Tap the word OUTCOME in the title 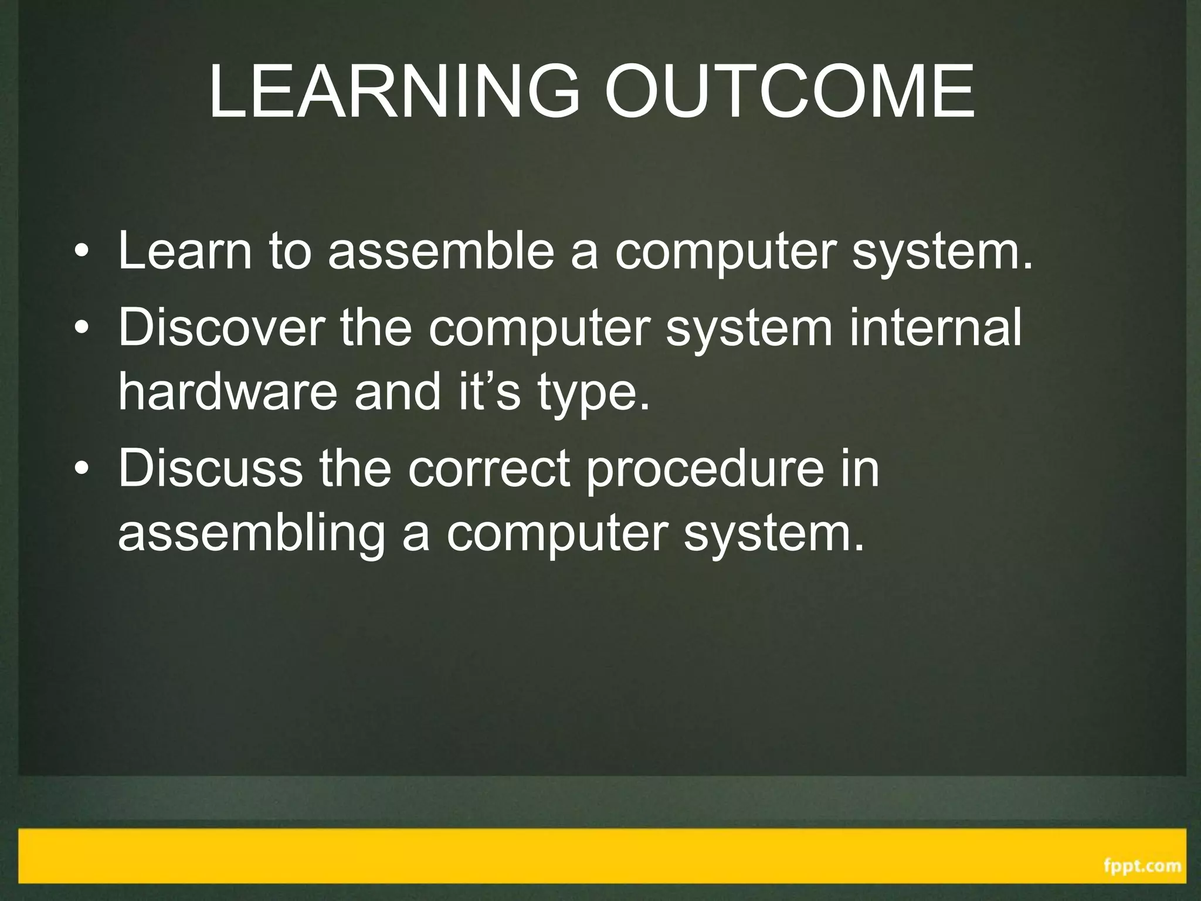[x=789, y=92]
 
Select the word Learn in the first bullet [x=185, y=250]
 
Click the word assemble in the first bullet [x=441, y=250]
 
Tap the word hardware [x=228, y=391]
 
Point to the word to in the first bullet [x=289, y=252]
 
